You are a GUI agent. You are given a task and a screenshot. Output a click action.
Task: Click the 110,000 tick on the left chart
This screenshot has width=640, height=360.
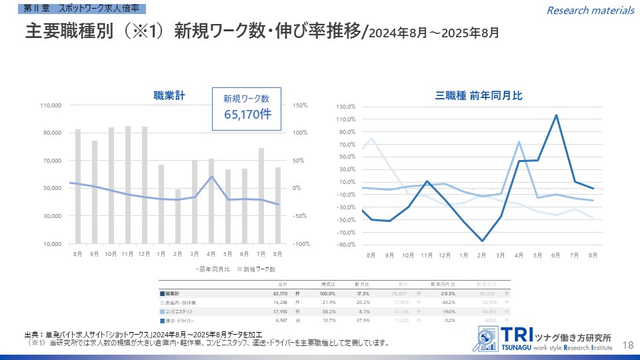51,105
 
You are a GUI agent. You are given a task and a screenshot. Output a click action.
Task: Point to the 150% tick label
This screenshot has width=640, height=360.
299,105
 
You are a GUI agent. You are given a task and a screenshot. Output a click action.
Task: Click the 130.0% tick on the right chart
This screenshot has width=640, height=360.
346,107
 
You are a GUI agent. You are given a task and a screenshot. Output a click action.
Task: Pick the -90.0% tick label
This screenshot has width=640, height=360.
345,245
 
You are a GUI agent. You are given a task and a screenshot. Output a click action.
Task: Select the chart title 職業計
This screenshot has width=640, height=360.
168,96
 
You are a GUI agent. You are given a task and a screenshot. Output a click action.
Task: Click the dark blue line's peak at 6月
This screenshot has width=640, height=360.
556,115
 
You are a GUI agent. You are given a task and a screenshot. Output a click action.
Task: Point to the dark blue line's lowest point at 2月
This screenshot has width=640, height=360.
482,241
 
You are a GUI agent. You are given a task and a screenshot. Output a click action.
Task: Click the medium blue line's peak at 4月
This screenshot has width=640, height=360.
519,142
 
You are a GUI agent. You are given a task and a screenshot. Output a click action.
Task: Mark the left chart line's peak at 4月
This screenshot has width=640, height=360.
211,177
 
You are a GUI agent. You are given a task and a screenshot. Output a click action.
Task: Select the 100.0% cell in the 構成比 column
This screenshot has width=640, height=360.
327,293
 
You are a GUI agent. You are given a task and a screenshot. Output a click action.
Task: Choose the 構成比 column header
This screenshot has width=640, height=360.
328,284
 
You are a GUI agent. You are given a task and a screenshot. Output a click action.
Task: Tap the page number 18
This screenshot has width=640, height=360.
627,344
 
